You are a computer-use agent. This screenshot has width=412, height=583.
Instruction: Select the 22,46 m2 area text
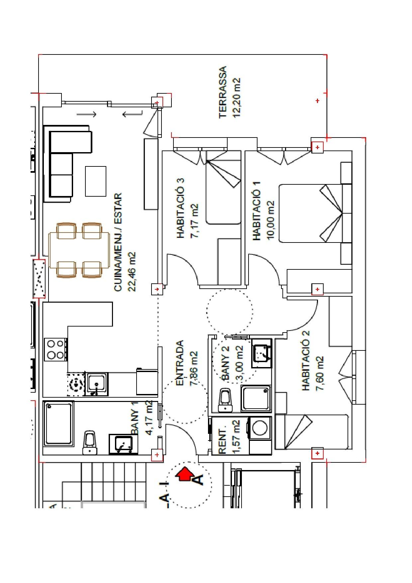pos(132,272)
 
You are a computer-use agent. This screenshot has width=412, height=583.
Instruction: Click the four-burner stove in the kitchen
pos(56,349)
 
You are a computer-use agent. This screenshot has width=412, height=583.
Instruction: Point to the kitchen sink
pos(97,384)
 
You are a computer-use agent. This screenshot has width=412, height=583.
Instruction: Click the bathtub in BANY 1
pos(59,424)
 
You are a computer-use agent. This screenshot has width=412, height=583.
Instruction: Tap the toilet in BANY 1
pos(90,442)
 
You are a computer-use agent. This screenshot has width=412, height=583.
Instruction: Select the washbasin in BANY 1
pos(123,444)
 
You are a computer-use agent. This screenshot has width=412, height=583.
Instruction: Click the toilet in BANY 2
pos(226,400)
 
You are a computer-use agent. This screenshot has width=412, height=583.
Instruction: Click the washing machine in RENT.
pos(260,427)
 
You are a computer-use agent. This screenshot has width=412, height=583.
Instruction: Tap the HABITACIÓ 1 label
pos(257,211)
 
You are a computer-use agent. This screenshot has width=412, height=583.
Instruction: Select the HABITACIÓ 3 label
pos(181,208)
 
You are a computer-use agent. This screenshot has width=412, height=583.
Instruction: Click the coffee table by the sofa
pos(96,181)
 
